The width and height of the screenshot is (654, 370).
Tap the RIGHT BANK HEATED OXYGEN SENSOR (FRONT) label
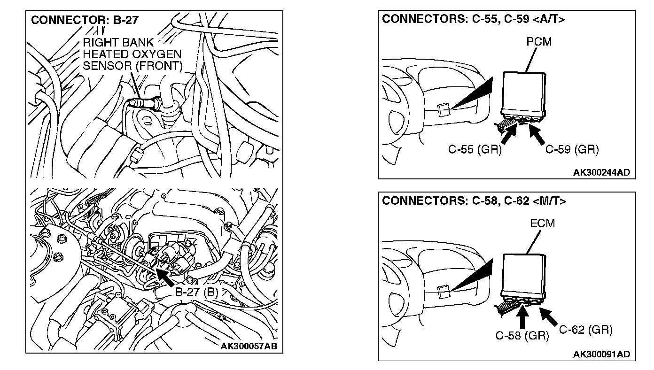[x=132, y=54]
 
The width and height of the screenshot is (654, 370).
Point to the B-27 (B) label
[x=197, y=292]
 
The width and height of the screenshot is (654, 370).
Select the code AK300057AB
[x=249, y=347]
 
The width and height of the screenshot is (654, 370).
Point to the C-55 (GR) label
[x=475, y=150]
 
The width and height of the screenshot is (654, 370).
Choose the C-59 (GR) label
[x=572, y=150]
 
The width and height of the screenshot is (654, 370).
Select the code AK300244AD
[x=601, y=172]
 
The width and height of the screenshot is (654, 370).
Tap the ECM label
[x=542, y=224]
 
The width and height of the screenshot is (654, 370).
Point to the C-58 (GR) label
[x=522, y=336]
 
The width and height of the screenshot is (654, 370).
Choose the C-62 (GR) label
[x=586, y=330]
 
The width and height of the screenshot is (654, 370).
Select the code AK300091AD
[x=601, y=354]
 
